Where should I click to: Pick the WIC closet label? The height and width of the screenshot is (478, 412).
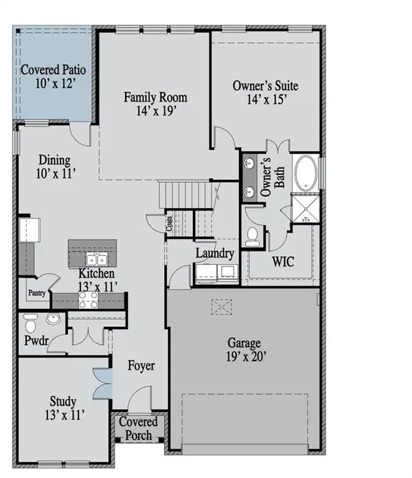point(283,262)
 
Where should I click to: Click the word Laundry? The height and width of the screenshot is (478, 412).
point(215,253)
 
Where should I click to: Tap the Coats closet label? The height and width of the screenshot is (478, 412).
point(168,223)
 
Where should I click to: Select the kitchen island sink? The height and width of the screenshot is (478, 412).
point(95,259)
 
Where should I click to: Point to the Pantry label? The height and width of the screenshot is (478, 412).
point(36,293)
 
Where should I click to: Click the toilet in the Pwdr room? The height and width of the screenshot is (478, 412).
point(30,321)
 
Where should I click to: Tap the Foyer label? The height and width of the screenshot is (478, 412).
point(141,365)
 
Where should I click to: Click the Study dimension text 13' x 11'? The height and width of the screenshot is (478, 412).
point(62,414)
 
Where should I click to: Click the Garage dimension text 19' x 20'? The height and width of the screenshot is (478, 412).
point(245,357)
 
